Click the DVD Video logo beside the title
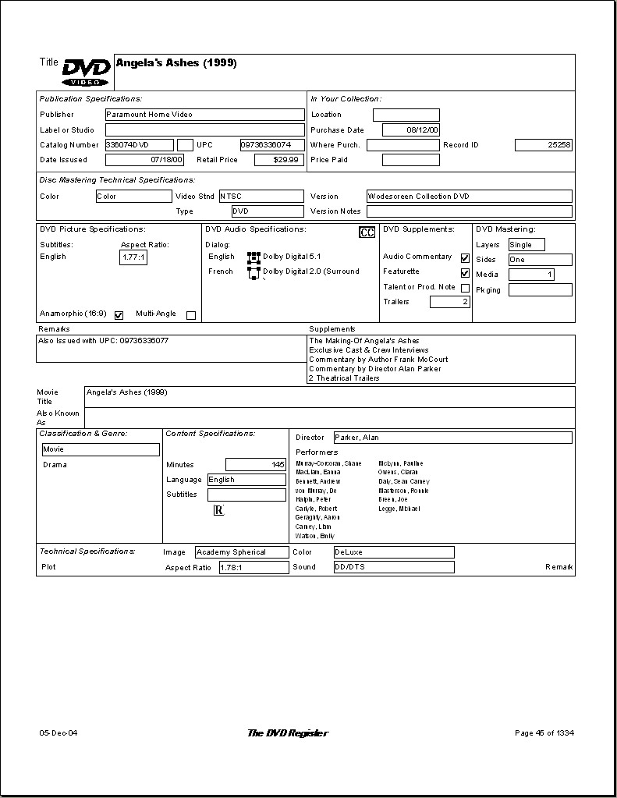[86, 72]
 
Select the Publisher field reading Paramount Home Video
[204, 115]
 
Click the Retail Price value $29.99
[278, 160]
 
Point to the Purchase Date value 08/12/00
[411, 130]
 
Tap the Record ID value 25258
[544, 145]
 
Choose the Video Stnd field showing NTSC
[261, 197]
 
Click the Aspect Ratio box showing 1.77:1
[133, 257]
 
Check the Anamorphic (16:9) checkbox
[119, 315]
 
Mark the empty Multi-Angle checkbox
[191, 315]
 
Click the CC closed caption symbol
[367, 232]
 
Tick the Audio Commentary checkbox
[466, 257]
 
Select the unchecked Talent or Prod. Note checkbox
[466, 288]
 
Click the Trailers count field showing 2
[450, 302]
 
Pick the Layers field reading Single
[527, 245]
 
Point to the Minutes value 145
[256, 465]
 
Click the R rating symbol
[219, 510]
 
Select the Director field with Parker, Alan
[452, 438]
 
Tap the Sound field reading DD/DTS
[393, 567]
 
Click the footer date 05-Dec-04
[59, 733]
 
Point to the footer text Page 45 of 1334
[544, 733]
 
